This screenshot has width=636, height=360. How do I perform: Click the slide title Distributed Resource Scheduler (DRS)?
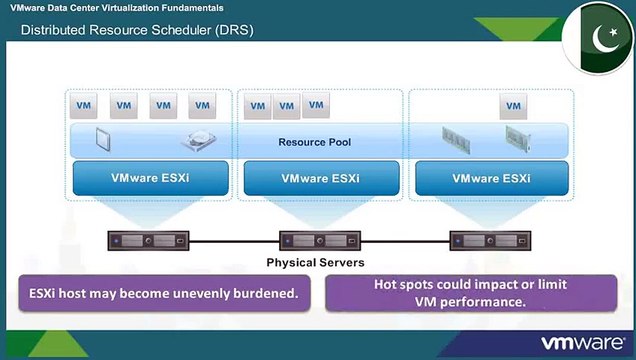(x=137, y=30)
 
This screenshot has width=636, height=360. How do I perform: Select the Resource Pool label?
(x=314, y=142)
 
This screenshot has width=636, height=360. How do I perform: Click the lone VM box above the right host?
(x=514, y=105)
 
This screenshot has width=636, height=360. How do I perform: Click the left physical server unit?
(x=147, y=241)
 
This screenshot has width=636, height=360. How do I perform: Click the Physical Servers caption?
(x=314, y=263)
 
